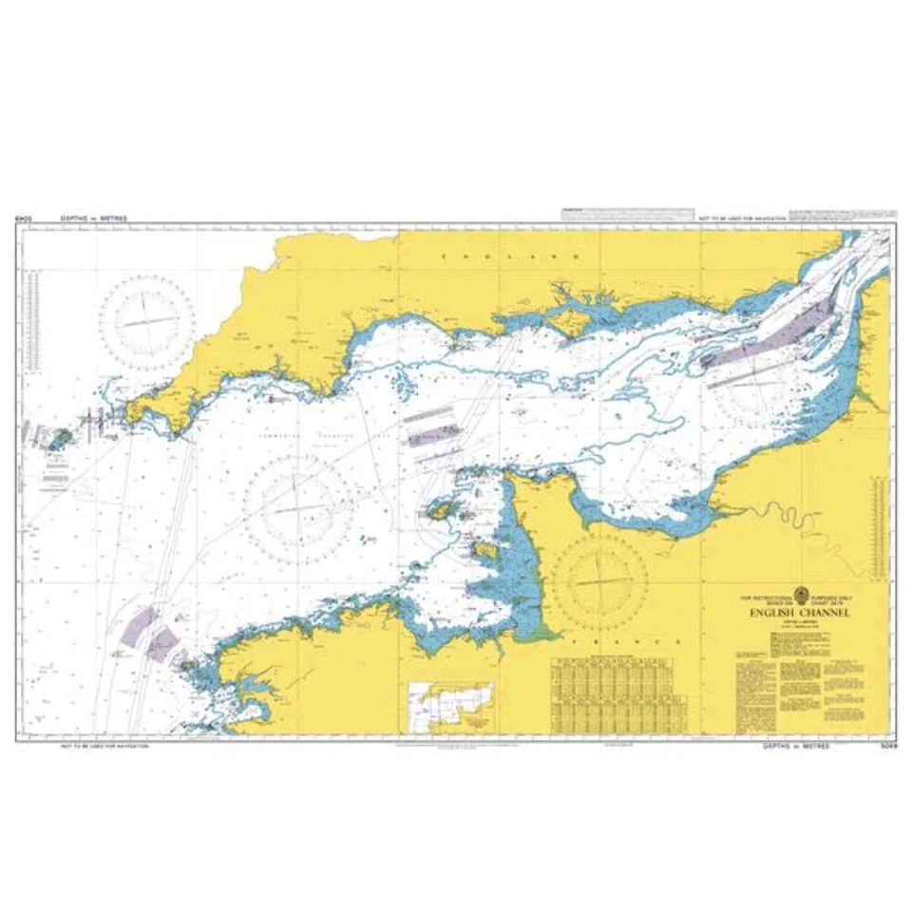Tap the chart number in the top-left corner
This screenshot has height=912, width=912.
coord(24,218)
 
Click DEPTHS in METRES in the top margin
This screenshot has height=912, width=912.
coord(93,218)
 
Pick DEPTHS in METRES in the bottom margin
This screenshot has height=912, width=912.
coord(795,747)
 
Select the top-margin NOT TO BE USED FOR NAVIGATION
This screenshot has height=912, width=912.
coord(742,218)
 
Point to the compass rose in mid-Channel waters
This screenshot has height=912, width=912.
coord(297,507)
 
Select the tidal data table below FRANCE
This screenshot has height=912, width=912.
coord(613,693)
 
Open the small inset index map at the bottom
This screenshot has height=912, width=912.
coord(451,706)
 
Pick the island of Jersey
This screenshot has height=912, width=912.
coord(484,550)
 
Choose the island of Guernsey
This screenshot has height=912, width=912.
coord(441,512)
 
